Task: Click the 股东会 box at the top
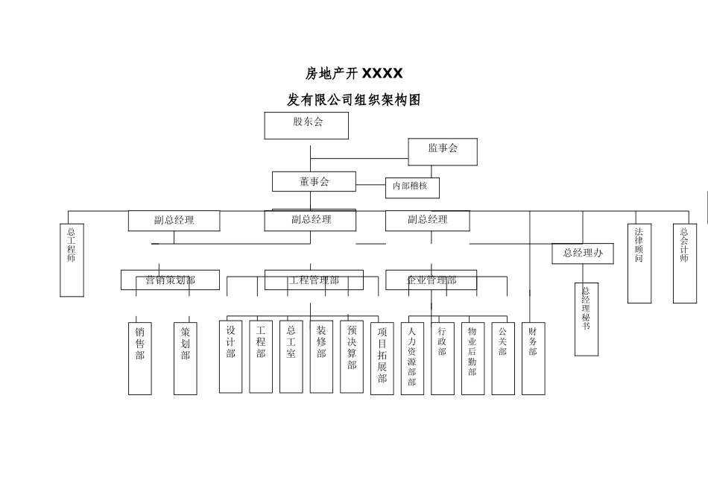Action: [x=306, y=125]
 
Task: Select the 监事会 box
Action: [x=442, y=151]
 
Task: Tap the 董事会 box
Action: [x=314, y=181]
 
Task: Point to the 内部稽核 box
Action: [x=412, y=187]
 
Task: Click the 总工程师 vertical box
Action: [x=72, y=260]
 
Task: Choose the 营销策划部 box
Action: [x=171, y=280]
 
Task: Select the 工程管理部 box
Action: [x=314, y=280]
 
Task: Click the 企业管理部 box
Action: [x=431, y=280]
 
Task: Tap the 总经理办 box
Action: [x=582, y=253]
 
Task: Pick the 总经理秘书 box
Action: [x=587, y=318]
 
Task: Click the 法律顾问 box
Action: [x=639, y=264]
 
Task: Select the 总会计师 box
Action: [x=684, y=264]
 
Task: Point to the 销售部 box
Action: [x=140, y=358]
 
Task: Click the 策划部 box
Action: [x=186, y=358]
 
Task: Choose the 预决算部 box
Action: [x=352, y=356]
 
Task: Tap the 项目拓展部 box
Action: [x=382, y=358]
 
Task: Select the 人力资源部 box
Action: [x=412, y=358]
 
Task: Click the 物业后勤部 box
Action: [x=472, y=358]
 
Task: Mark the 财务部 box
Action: [x=533, y=358]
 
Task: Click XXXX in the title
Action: [x=382, y=73]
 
